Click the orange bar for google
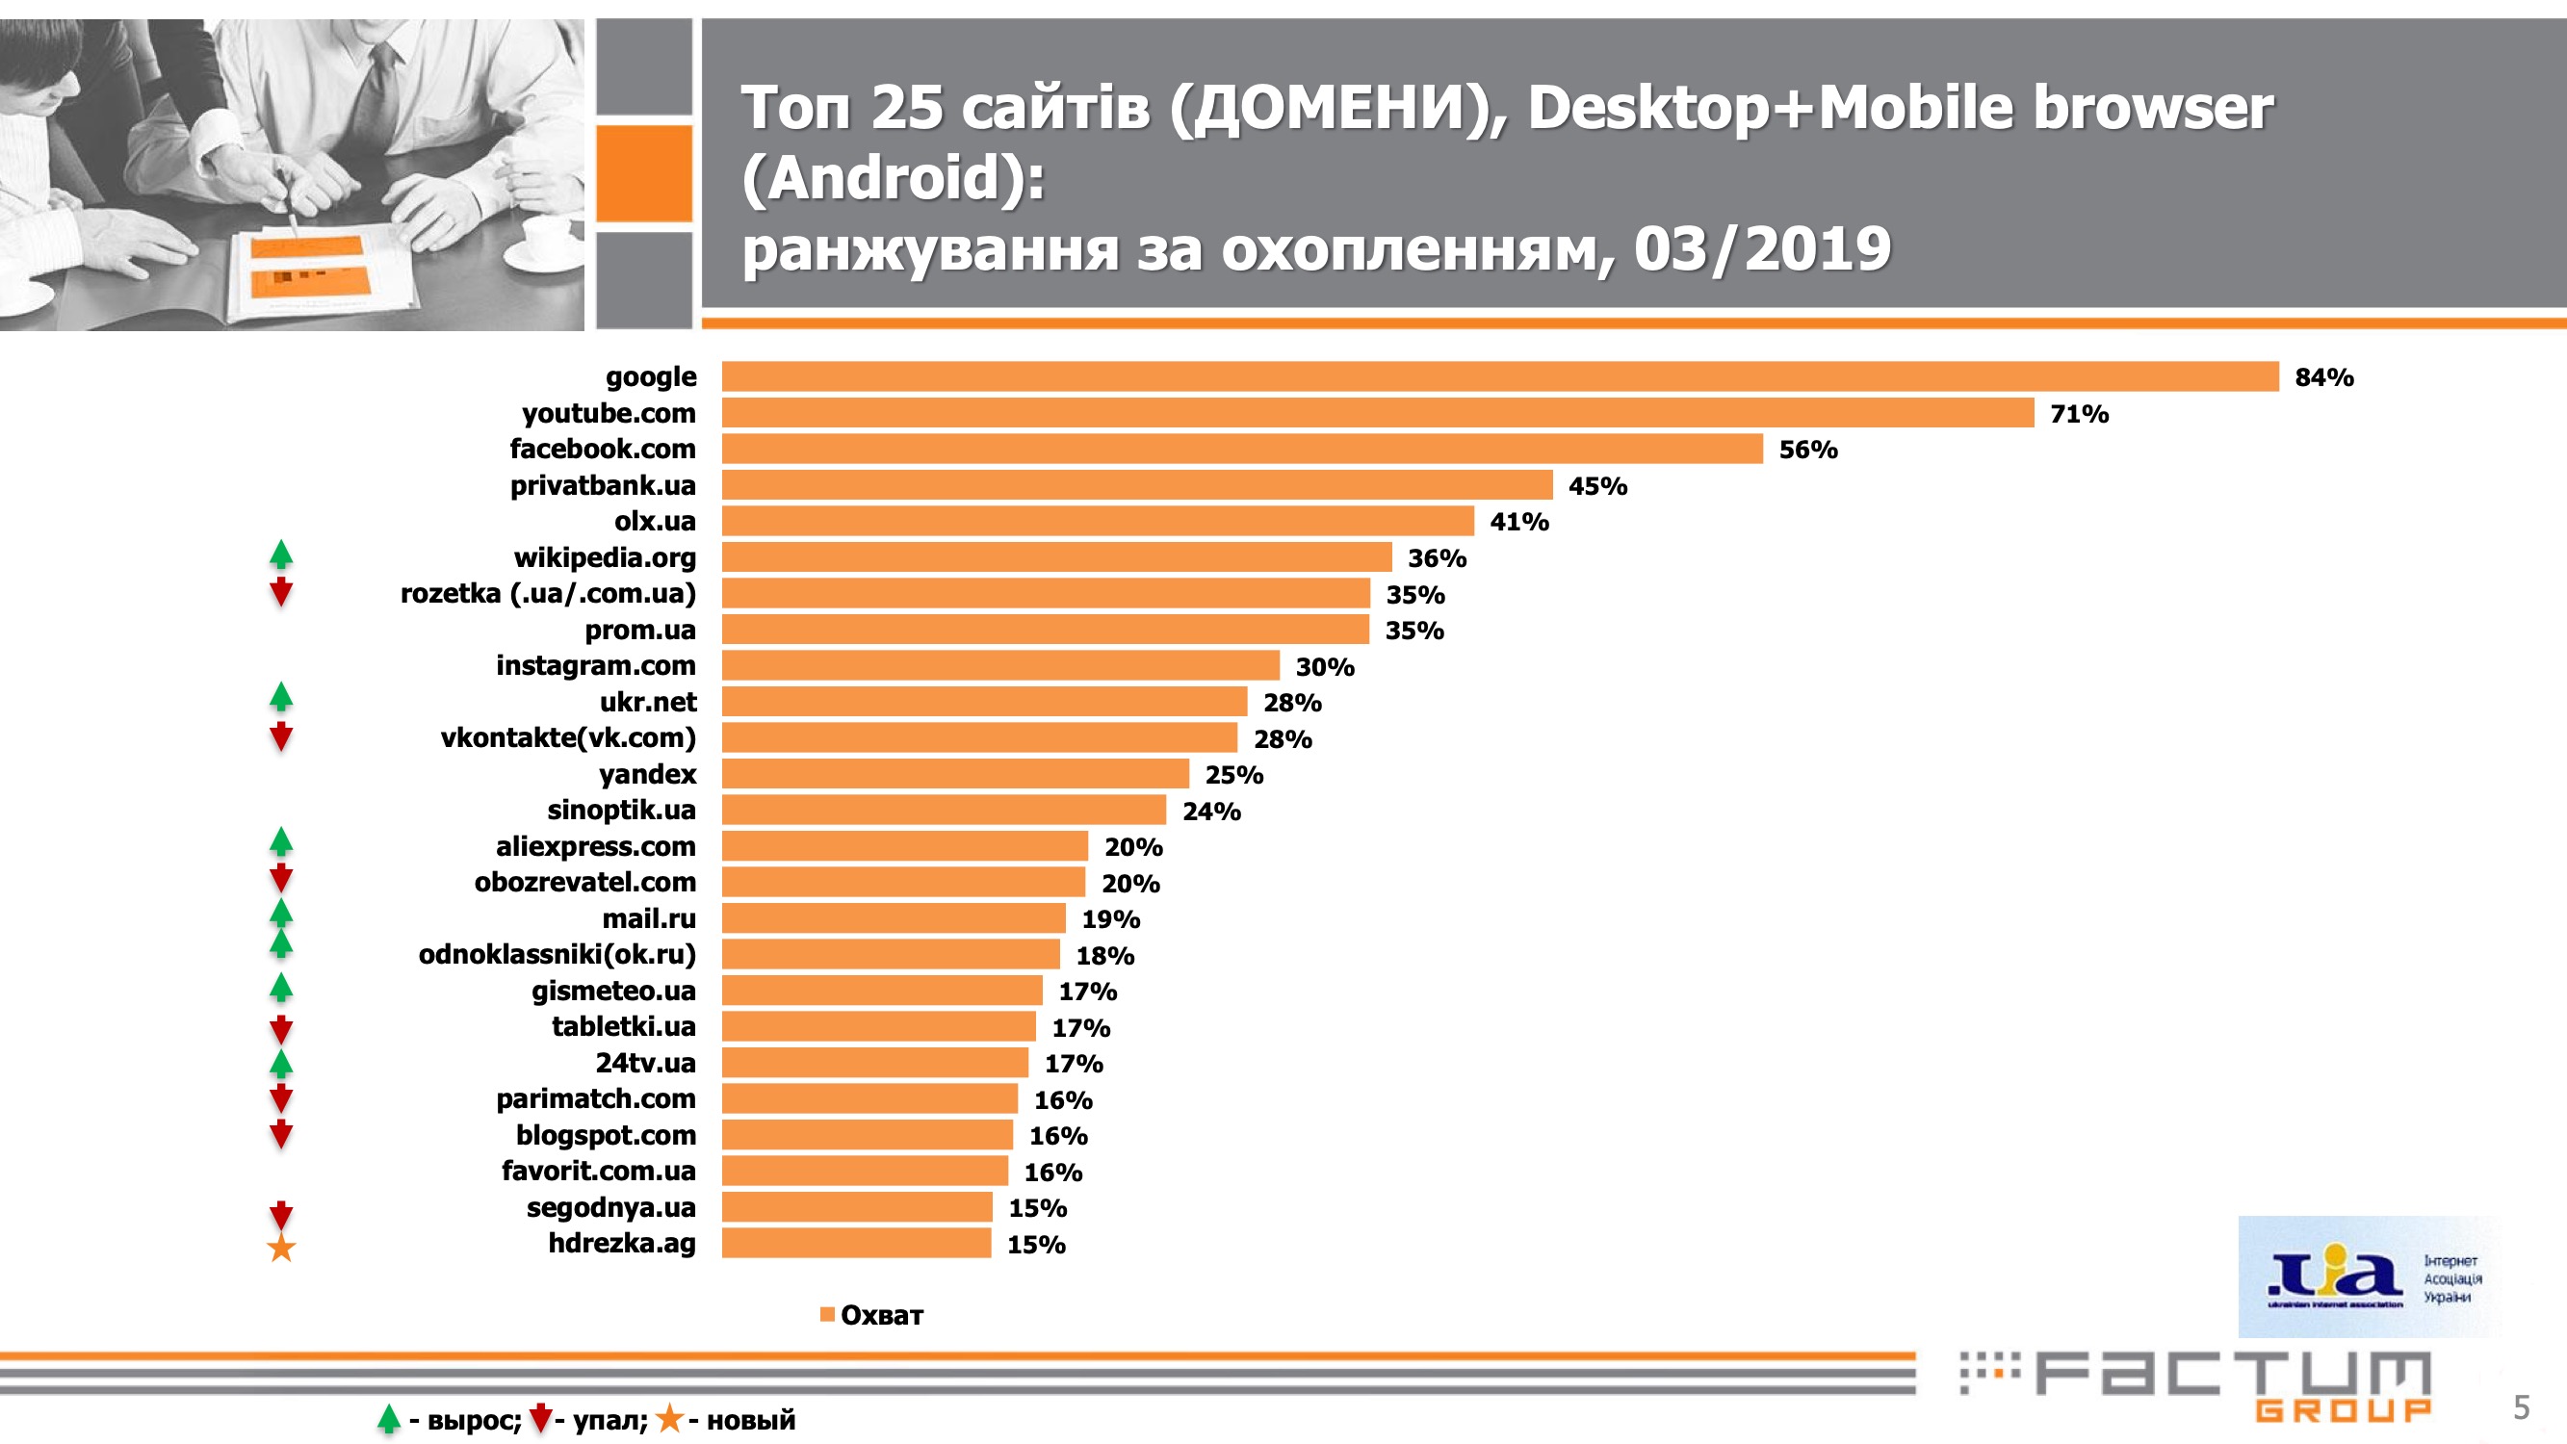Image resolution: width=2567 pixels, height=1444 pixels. [x=1500, y=376]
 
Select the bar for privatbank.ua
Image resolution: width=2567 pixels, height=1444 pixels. [x=1137, y=485]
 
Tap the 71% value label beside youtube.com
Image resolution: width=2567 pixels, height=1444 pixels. [x=2079, y=414]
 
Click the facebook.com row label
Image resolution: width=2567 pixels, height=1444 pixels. [x=602, y=450]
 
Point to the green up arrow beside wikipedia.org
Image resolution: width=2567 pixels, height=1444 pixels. [x=281, y=554]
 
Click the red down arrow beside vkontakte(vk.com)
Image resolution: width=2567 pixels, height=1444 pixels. [x=281, y=736]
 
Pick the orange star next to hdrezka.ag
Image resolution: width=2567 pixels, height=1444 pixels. [x=281, y=1248]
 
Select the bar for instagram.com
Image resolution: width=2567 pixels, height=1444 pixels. [x=1000, y=666]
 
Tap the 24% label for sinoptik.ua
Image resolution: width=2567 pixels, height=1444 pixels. [x=1210, y=812]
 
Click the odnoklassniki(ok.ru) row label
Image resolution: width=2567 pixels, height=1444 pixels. [x=557, y=955]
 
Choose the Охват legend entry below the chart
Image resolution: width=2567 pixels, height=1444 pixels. [x=872, y=1315]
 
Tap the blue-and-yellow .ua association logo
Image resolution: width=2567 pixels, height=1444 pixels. [x=2370, y=1276]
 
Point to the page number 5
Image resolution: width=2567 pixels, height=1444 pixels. [x=2521, y=1408]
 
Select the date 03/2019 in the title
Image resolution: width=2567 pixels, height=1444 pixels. [x=1762, y=249]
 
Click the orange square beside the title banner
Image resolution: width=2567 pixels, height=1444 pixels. [x=644, y=173]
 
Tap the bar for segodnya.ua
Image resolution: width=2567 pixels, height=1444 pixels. [x=857, y=1207]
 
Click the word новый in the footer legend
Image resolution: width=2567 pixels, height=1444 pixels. [x=750, y=1420]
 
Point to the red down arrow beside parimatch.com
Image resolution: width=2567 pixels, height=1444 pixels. [x=281, y=1098]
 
